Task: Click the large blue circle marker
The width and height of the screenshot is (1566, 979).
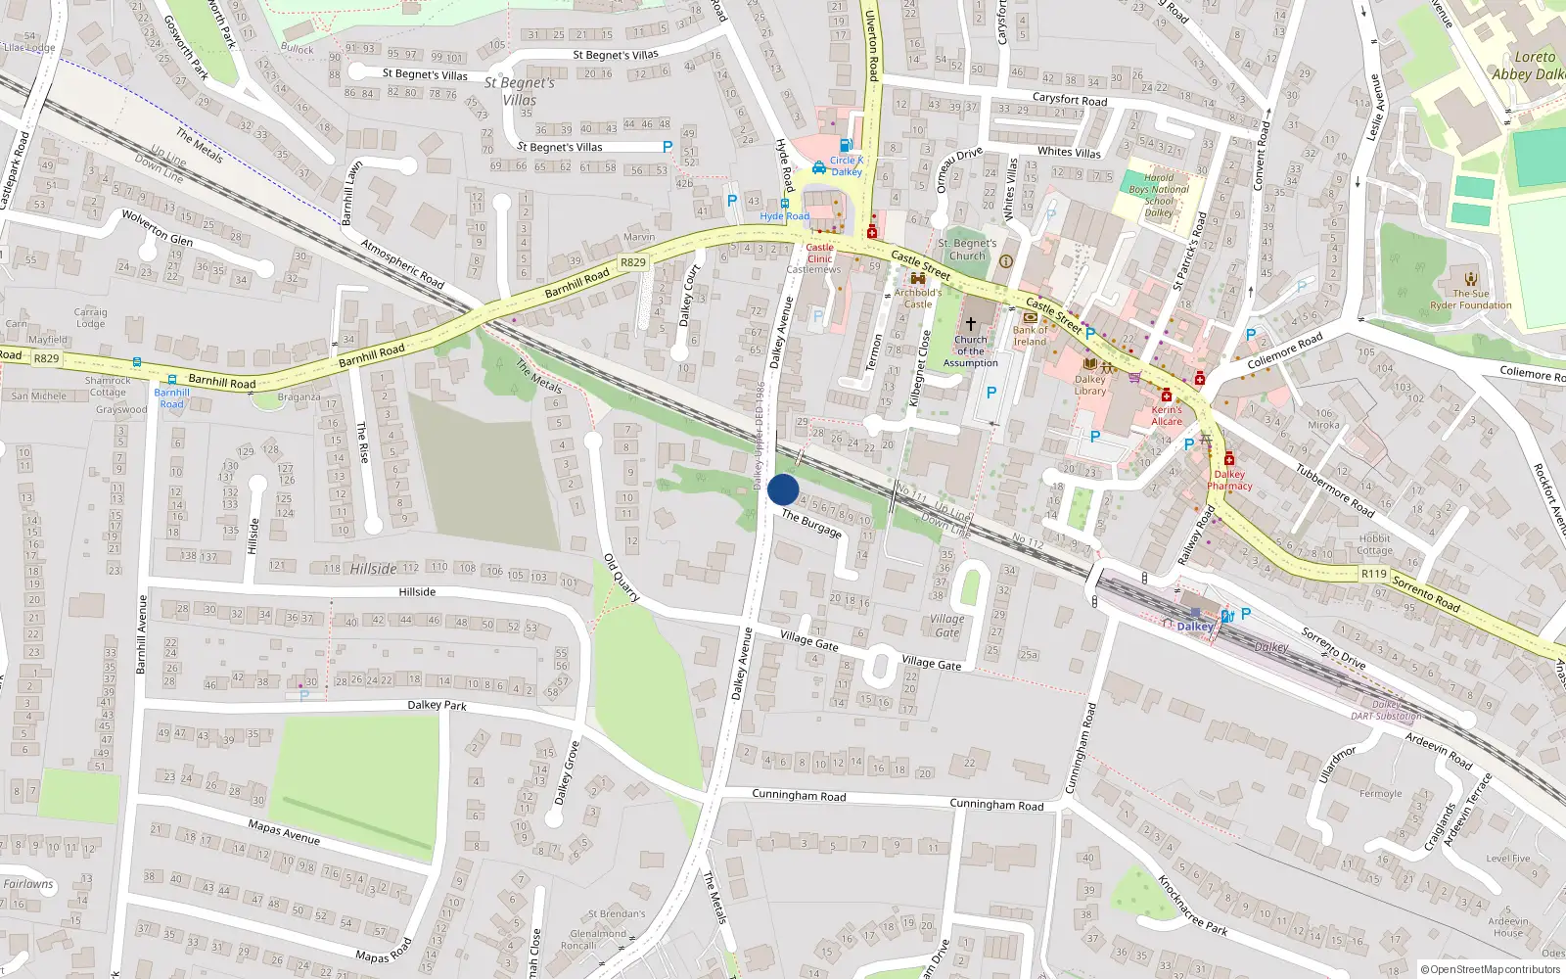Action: point(783,489)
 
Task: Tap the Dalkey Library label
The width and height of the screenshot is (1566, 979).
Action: point(1090,385)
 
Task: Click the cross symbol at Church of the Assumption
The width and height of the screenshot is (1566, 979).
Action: point(971,323)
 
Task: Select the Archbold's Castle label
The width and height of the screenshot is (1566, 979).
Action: point(918,298)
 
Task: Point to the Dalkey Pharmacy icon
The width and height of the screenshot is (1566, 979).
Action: point(1228,459)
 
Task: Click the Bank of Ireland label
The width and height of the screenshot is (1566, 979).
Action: point(1030,336)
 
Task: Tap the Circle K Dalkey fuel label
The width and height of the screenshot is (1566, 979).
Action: point(846,165)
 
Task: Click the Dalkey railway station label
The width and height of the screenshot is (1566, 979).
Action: point(1195,627)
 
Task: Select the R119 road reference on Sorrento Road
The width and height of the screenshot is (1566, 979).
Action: point(1373,574)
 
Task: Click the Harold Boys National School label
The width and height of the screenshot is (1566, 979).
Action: point(1159,196)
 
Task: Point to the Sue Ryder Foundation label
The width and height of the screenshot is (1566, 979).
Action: point(1471,299)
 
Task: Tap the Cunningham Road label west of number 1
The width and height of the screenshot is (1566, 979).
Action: point(799,795)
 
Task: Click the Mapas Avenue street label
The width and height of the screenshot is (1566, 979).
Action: point(284,832)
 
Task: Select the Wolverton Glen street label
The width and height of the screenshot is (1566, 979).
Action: point(157,228)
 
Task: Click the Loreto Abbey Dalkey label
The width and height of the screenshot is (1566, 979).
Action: point(1527,66)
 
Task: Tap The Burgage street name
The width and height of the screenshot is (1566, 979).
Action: point(811,525)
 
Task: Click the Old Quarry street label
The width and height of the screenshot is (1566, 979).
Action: point(622,578)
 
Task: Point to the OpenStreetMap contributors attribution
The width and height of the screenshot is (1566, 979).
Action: point(1490,969)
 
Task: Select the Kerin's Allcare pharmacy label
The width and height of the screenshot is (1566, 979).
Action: point(1167,416)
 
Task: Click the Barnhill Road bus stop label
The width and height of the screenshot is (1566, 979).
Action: point(171,398)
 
